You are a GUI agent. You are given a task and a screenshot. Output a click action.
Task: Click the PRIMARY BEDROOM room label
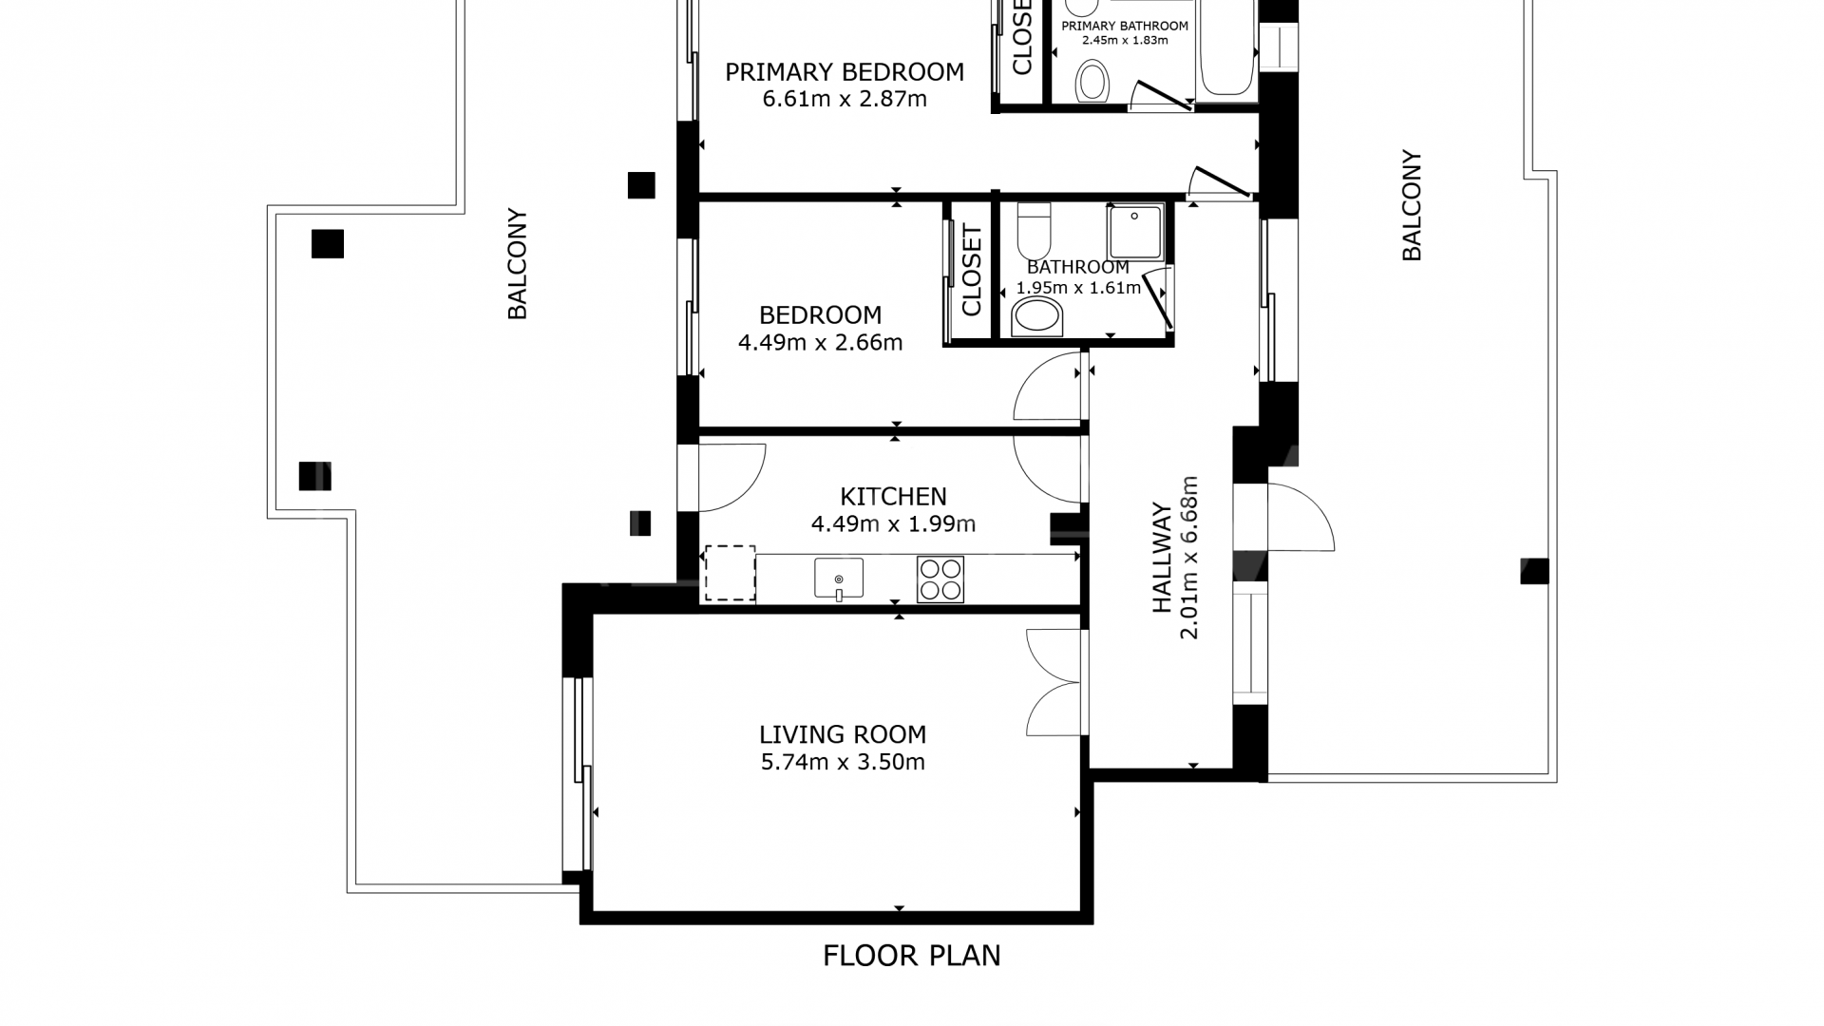tap(845, 72)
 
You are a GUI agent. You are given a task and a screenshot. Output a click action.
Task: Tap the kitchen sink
tap(839, 579)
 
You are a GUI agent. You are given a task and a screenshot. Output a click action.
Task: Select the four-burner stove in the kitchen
tap(940, 579)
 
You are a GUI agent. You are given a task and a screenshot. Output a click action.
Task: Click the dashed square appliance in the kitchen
tap(730, 573)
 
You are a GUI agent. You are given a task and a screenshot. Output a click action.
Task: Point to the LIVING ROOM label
tap(843, 734)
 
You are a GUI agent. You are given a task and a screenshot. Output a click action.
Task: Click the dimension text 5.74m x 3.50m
tap(843, 762)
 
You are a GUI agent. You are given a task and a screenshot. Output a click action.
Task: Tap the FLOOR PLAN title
tap(912, 955)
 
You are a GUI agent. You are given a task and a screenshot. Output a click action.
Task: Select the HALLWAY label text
tap(1162, 558)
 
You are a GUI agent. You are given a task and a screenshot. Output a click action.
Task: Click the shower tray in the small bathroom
tap(1134, 233)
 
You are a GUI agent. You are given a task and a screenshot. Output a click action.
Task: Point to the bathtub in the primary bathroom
tap(1228, 47)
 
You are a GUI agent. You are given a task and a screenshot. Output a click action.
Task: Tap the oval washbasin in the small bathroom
tap(1036, 317)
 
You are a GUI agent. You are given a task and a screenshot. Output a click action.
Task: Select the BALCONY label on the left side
tap(517, 264)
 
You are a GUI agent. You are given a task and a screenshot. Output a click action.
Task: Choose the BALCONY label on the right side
tap(1412, 205)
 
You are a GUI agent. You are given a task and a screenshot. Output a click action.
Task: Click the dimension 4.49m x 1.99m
tap(893, 523)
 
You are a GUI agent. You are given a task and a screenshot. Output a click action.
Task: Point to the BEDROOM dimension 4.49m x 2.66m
tap(820, 342)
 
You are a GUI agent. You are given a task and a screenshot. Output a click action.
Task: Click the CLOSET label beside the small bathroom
tap(971, 270)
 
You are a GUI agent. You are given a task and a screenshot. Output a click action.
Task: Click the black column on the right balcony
tap(1535, 571)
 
